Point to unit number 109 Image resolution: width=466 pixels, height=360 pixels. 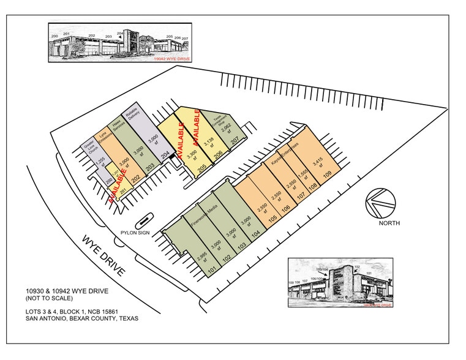328,175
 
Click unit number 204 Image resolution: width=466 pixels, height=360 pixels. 165,156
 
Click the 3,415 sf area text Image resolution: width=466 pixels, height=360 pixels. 317,165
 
